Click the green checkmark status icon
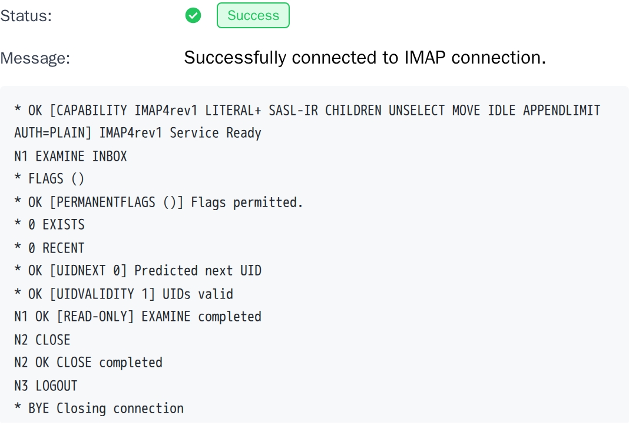193,16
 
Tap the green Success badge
253,16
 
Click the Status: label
26,16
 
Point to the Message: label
35,58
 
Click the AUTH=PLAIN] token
53,133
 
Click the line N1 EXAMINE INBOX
71,156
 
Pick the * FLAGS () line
49,179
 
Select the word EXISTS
64,225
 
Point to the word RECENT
64,248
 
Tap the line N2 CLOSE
42,340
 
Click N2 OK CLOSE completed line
88,363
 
